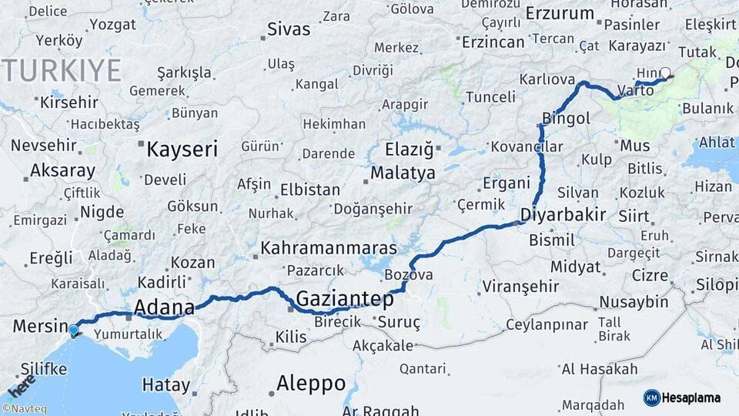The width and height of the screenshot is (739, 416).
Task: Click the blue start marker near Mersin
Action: (x=73, y=330)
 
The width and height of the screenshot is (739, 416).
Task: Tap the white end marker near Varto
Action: (x=665, y=74)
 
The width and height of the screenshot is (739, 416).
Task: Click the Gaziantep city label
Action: (x=344, y=299)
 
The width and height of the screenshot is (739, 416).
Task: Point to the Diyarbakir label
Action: (x=563, y=215)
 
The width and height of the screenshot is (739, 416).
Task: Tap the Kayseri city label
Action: (x=182, y=149)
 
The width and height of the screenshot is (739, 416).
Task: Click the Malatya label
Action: (x=403, y=173)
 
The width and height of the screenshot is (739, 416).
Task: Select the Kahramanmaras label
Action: (x=329, y=249)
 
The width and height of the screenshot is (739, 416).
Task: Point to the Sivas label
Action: (x=289, y=30)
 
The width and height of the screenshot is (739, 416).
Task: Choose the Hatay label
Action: (x=166, y=384)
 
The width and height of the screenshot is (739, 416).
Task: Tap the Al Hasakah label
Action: (x=599, y=370)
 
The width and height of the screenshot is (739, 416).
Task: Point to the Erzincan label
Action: (x=493, y=42)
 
